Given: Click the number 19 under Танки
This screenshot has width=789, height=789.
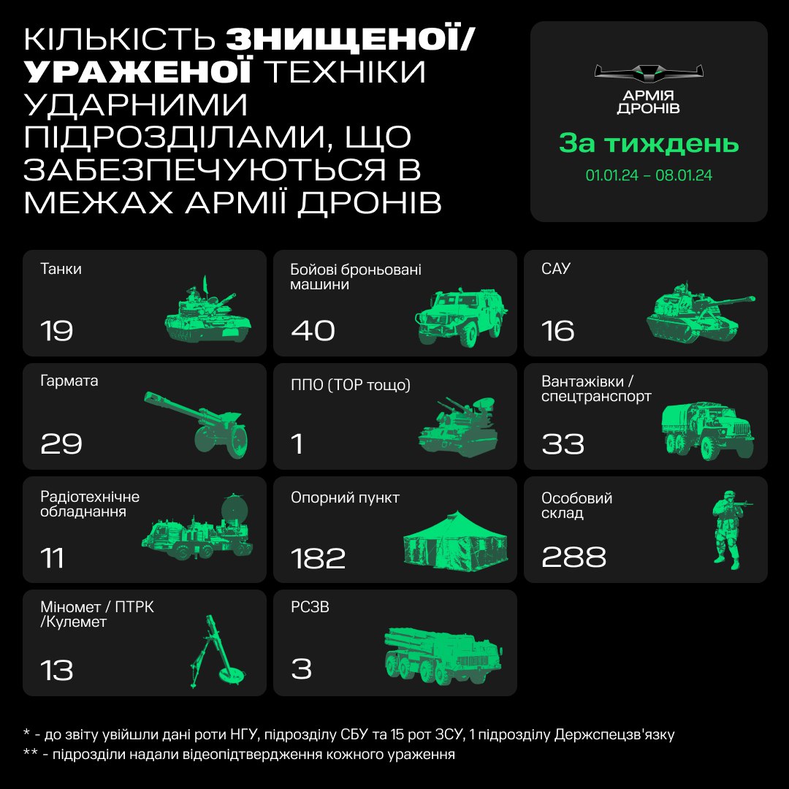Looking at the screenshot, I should (x=57, y=331).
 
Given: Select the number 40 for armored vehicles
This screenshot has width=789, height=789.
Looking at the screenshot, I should (x=313, y=331).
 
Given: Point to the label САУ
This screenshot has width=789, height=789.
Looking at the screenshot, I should (x=556, y=269).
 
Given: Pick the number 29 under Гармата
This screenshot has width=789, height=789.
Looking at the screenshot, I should (x=61, y=444).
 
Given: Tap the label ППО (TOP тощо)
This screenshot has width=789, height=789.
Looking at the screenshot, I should (x=351, y=385).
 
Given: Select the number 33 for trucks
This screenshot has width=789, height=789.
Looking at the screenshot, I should (x=563, y=444).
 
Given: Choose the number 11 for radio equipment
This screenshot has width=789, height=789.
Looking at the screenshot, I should (x=53, y=557).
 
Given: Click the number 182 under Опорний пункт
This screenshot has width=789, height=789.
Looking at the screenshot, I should (x=318, y=557).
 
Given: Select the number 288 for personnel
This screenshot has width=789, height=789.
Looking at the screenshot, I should (x=573, y=557).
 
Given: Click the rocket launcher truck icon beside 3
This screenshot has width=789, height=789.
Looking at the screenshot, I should (x=443, y=654).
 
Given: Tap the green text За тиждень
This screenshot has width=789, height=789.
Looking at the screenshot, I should (x=649, y=144).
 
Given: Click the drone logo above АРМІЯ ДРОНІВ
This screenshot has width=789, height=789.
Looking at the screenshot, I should (x=649, y=72).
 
